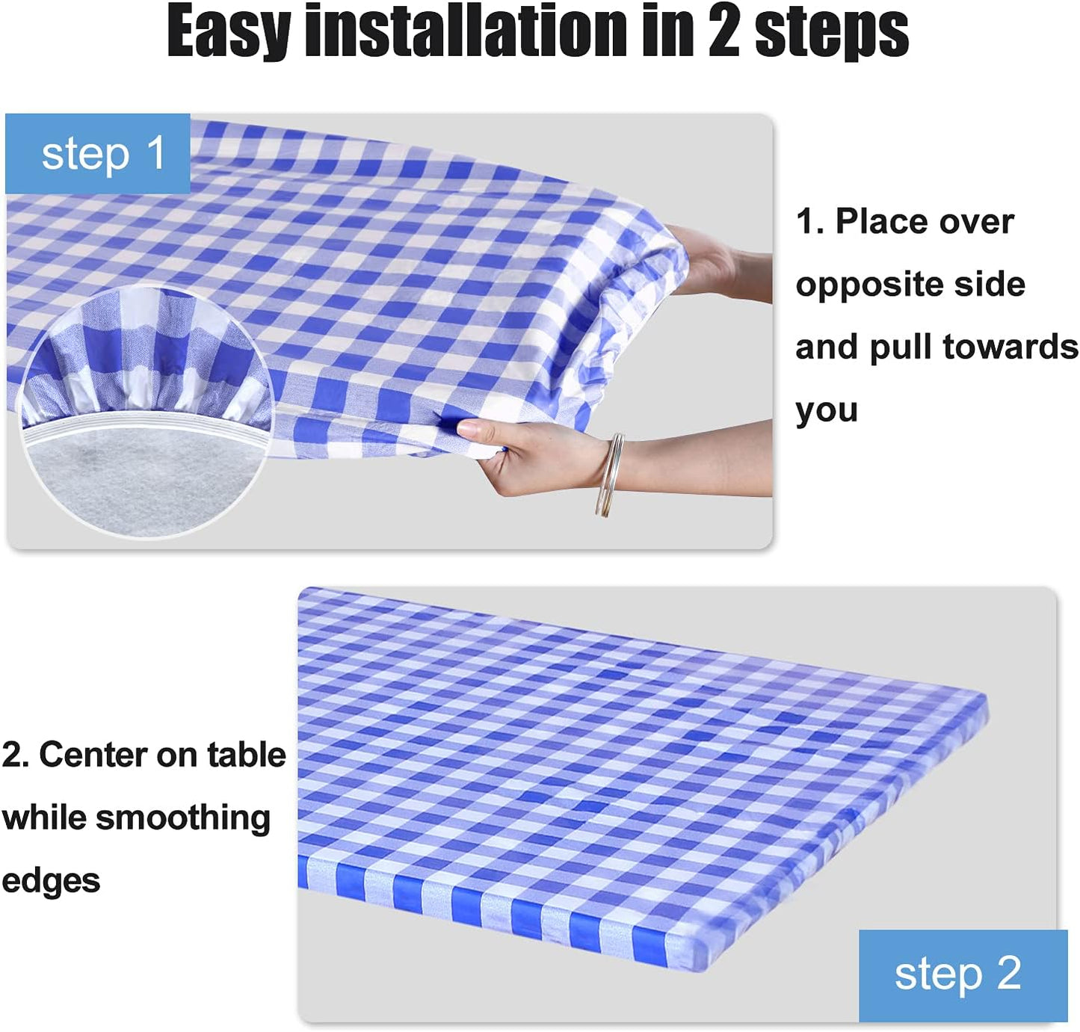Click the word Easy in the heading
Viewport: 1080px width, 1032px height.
[227, 31]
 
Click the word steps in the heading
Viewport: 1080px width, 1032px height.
[831, 31]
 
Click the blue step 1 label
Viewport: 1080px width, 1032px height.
[99, 155]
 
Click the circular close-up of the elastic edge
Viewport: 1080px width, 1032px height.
[145, 412]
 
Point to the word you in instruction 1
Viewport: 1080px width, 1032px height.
[826, 411]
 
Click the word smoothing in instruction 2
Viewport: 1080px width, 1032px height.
[182, 818]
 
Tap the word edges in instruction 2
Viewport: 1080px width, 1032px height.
[51, 881]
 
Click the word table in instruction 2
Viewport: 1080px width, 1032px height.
[246, 755]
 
